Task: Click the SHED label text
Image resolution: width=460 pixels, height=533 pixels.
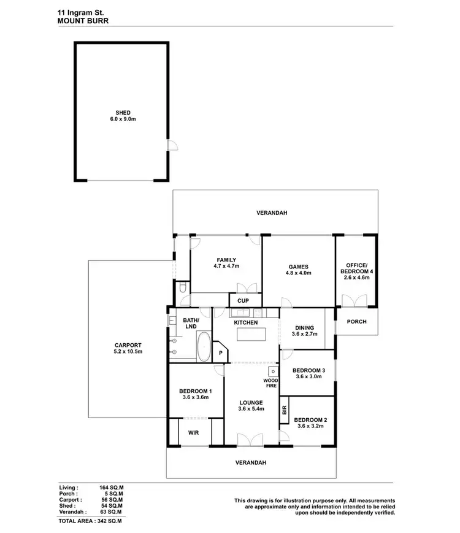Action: pyautogui.click(x=122, y=112)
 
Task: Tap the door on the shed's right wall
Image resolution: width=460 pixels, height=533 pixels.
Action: pyautogui.click(x=172, y=146)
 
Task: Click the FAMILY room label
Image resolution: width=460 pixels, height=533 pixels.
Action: pyautogui.click(x=226, y=260)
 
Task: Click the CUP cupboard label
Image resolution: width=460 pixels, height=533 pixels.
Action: pyautogui.click(x=243, y=300)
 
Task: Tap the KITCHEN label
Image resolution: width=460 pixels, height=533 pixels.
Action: pyautogui.click(x=246, y=322)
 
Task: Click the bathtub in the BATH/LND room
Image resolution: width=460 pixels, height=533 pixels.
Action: pyautogui.click(x=203, y=348)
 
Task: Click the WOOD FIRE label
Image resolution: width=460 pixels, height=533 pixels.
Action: pyautogui.click(x=270, y=383)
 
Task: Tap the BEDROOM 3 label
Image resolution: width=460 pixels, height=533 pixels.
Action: pyautogui.click(x=309, y=370)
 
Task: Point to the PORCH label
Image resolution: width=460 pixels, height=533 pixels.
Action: pyautogui.click(x=356, y=321)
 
